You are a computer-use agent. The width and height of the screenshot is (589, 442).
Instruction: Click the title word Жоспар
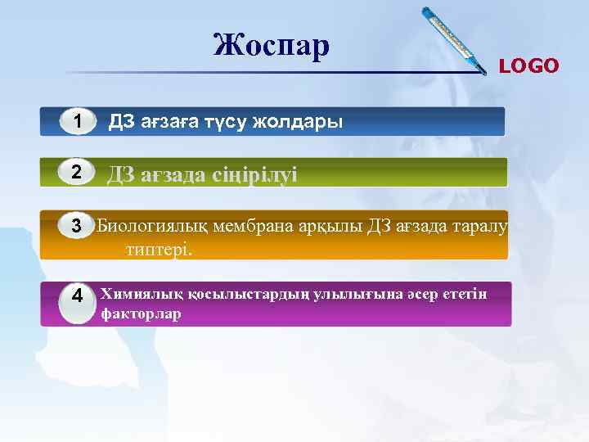[x=272, y=46]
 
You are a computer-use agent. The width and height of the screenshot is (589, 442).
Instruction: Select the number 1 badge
[x=77, y=122]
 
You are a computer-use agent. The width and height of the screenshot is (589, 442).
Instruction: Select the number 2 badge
[x=76, y=173]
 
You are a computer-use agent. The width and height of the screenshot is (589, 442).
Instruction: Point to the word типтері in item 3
[x=159, y=248]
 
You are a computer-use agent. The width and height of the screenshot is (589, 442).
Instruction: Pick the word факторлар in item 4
[x=140, y=314]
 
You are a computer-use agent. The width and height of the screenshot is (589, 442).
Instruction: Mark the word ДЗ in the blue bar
[x=121, y=123]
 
